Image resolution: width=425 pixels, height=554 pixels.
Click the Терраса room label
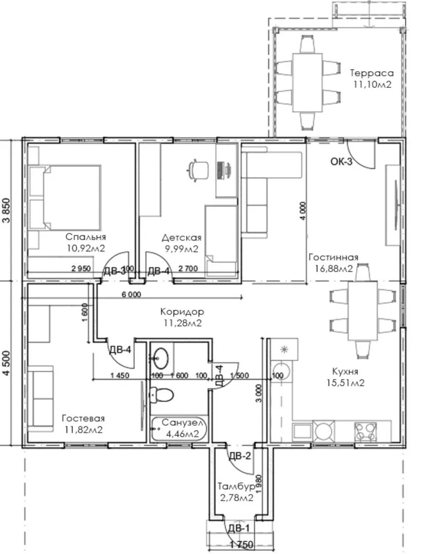pos(372,73)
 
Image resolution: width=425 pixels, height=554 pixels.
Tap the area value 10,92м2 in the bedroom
pos(86,248)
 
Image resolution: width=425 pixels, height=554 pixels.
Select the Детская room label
pos(182,238)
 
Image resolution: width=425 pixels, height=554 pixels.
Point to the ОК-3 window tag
pos(341,162)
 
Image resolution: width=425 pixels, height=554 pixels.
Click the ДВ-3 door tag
pos(114,271)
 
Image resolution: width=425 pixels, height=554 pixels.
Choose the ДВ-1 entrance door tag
pos(239,528)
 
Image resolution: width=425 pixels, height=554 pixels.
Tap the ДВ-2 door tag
pos(240,456)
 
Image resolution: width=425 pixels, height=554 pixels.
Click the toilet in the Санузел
pos(161,394)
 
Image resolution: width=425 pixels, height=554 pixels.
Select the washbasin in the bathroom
pos(162,358)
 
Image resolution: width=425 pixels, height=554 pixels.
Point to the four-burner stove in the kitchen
pos(365,432)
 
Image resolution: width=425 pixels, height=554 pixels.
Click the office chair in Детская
pos(197,170)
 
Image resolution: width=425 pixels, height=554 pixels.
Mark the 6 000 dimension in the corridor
pos(131,294)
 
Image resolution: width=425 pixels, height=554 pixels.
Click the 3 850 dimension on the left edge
pos(7,211)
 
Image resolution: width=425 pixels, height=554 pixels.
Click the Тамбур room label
pos(236,487)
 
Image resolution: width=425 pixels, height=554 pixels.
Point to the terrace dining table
pos(307,83)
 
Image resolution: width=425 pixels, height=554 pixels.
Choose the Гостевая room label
pos(84,419)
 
